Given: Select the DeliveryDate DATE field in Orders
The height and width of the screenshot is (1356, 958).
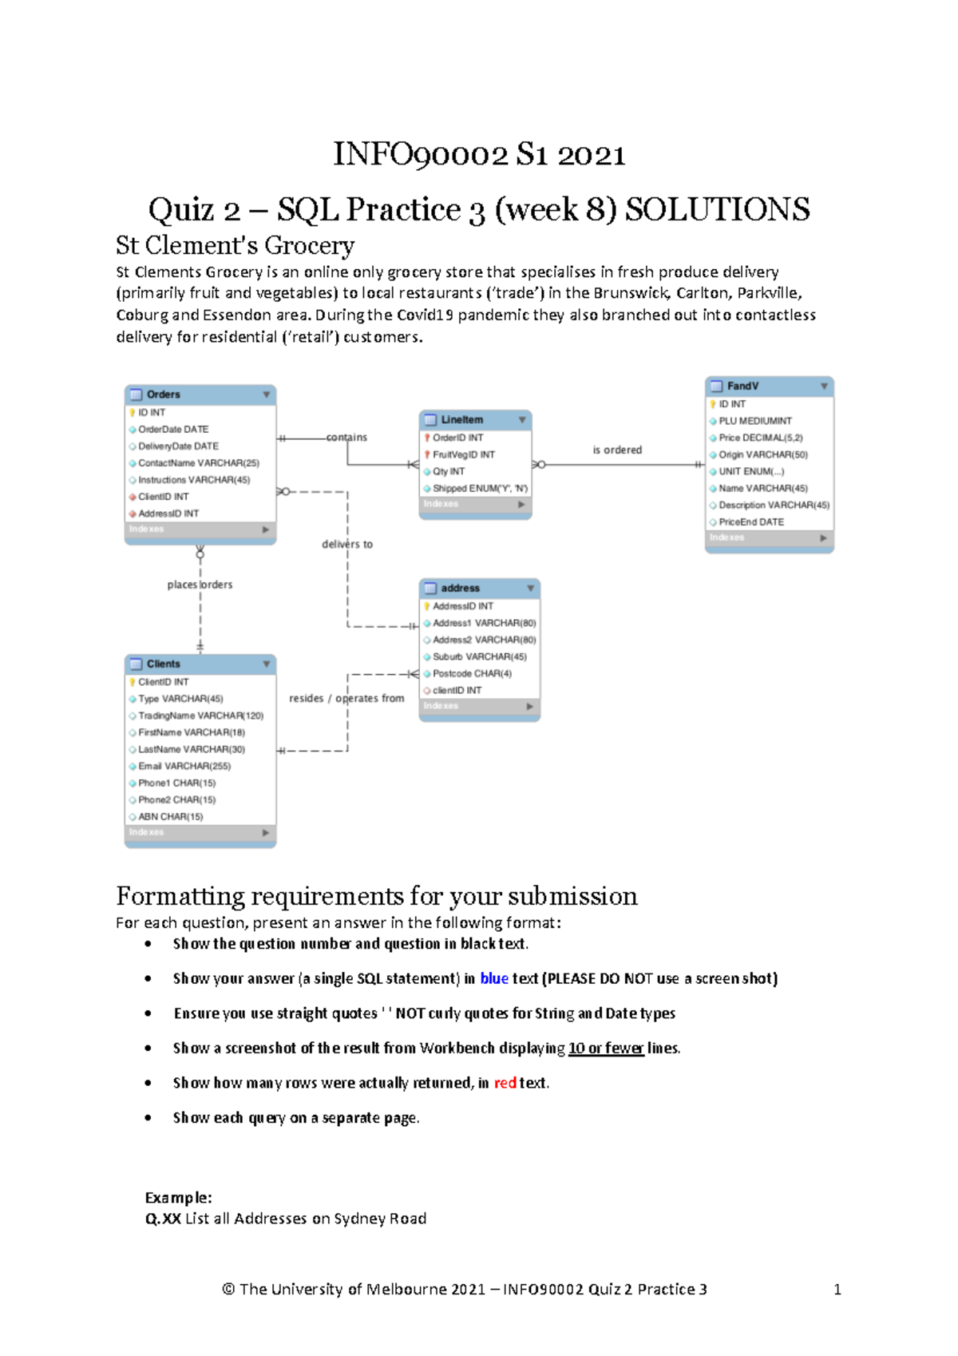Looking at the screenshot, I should pyautogui.click(x=178, y=446).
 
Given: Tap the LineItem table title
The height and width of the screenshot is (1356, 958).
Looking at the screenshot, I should pyautogui.click(x=462, y=420).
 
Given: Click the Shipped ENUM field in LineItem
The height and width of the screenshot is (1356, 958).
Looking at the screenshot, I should pyautogui.click(x=480, y=489).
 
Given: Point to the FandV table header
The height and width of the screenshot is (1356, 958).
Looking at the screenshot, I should pyautogui.click(x=743, y=387).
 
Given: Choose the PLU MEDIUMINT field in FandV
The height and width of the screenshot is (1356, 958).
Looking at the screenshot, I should pyautogui.click(x=755, y=421).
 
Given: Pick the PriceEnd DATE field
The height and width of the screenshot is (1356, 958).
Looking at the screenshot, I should pyautogui.click(x=751, y=522).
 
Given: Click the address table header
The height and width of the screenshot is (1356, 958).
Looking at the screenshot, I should pyautogui.click(x=461, y=589).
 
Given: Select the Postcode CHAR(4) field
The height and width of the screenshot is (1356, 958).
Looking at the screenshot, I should pyautogui.click(x=472, y=674).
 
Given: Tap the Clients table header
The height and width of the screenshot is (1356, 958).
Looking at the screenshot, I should pyautogui.click(x=164, y=664).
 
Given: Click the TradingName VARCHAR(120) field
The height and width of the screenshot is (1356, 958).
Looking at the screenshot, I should pyautogui.click(x=200, y=716).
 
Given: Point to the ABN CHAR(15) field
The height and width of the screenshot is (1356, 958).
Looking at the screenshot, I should pyautogui.click(x=171, y=817).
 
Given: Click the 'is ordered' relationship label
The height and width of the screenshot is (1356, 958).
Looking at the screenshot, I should pyautogui.click(x=617, y=450).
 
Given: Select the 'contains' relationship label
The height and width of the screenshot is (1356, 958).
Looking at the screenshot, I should pyautogui.click(x=346, y=438).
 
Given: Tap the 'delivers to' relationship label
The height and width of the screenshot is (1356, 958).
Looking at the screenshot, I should pyautogui.click(x=347, y=545).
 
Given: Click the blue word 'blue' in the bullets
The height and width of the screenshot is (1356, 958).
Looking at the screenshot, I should pyautogui.click(x=494, y=979).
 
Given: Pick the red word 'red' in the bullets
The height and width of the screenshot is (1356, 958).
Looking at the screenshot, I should pyautogui.click(x=505, y=1084).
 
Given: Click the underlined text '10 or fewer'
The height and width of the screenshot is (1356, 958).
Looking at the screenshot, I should pyautogui.click(x=606, y=1049).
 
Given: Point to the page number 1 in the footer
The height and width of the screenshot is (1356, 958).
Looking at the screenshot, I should pyautogui.click(x=837, y=1290).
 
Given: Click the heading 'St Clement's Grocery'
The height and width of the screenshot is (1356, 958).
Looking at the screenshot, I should pyautogui.click(x=236, y=245).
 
